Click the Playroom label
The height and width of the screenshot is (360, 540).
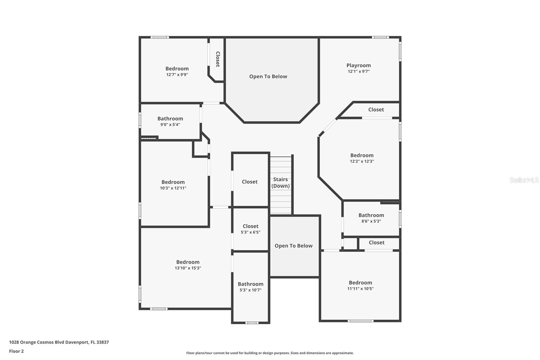[x=358, y=66]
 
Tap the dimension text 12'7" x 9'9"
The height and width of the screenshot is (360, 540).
[x=177, y=75]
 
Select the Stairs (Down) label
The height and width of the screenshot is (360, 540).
[x=280, y=183]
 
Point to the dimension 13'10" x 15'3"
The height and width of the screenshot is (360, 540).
[x=188, y=268]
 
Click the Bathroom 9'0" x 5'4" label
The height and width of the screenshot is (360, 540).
[x=170, y=119]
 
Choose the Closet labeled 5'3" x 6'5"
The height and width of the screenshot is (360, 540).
[x=250, y=226]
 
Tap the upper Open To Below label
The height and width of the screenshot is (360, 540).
[x=268, y=77]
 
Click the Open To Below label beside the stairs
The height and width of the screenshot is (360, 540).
[x=293, y=246]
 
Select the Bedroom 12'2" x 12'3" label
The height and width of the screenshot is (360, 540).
[x=362, y=155]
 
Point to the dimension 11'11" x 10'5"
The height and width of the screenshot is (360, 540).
[x=360, y=289]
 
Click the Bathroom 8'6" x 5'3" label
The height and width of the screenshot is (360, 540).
[x=371, y=215]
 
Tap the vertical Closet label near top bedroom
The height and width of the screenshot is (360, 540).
[x=218, y=59]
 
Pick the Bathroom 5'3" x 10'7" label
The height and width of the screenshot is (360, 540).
[x=250, y=284]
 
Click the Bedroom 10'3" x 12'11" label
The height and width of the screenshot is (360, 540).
[x=173, y=182]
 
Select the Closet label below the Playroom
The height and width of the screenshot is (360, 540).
[x=376, y=110]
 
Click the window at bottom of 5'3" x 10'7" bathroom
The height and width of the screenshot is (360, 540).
[x=251, y=323]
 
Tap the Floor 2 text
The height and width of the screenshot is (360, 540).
[x=16, y=351]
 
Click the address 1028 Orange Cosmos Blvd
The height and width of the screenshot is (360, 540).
[x=59, y=342]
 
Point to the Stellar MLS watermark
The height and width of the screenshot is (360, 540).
[x=524, y=180]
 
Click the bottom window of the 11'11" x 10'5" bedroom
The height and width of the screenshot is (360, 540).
[x=360, y=321]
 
